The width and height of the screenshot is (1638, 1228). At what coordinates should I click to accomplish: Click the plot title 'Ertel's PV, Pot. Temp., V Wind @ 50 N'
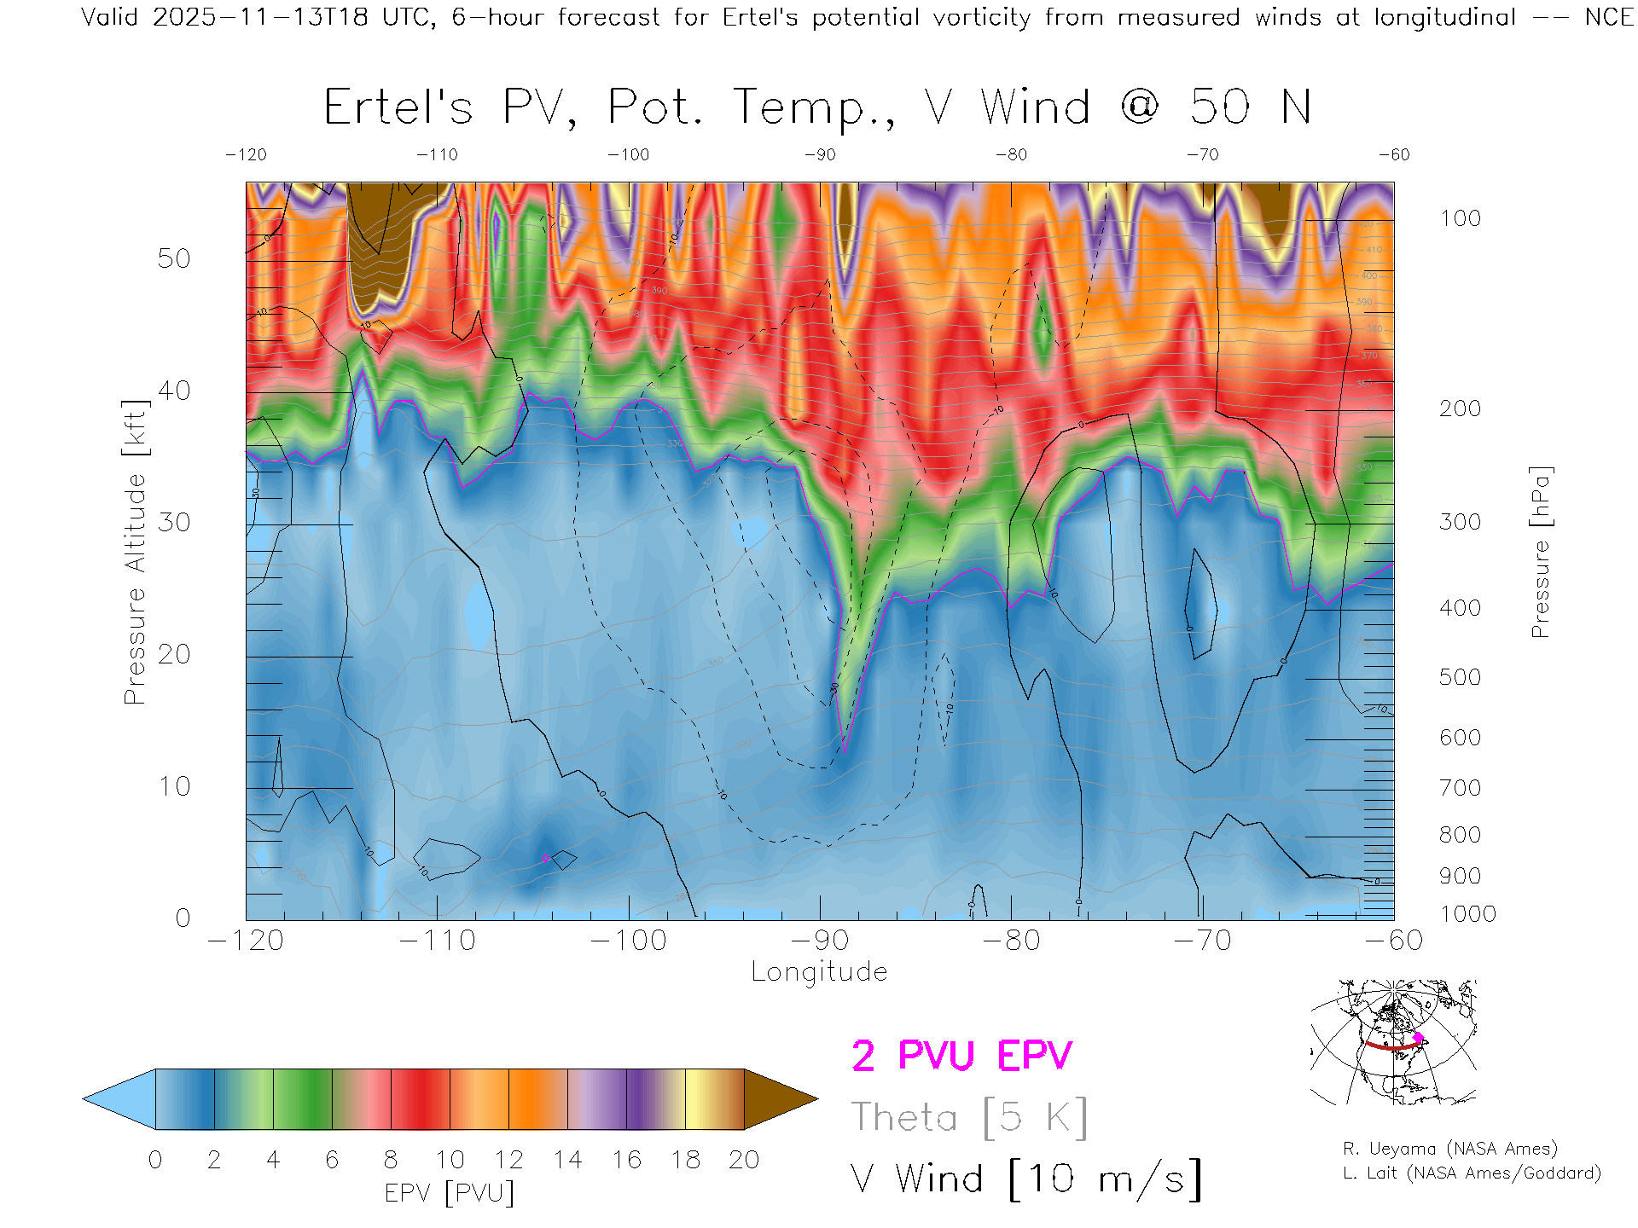816,108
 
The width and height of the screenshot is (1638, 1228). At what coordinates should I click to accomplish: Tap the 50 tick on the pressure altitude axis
174,258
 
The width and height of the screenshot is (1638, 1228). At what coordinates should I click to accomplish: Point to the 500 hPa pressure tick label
1460,677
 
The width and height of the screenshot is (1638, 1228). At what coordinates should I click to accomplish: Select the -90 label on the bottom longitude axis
820,941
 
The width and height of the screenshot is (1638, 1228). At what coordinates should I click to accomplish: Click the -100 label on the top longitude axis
629,154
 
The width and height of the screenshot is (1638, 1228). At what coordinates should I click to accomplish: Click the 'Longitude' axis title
819,972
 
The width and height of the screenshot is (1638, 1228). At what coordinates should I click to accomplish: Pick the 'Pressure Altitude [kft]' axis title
135,552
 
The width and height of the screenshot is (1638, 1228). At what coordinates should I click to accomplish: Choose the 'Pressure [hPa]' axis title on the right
1540,552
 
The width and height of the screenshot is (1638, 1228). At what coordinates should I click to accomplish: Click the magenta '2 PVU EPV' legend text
961,1056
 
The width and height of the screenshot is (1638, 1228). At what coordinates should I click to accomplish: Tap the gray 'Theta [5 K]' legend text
969,1117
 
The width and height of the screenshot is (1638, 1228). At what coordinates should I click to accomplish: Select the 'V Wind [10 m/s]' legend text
1025,1179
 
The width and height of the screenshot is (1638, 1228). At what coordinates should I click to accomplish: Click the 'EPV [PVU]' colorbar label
450,1193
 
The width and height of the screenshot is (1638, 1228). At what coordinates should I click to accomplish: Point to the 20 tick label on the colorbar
744,1160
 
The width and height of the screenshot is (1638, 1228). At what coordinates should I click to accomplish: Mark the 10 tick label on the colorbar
450,1160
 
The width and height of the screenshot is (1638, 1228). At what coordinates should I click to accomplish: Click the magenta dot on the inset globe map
1418,1038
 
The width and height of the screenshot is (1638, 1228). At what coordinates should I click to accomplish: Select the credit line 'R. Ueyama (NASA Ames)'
1449,1149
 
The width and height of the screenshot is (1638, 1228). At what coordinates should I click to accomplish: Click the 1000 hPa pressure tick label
1467,914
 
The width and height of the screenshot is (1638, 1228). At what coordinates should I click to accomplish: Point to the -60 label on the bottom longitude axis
1394,941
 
